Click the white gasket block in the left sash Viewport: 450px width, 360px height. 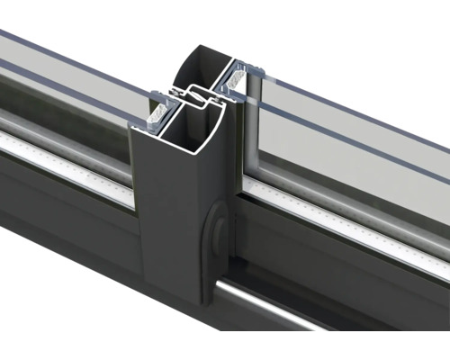point(160,113)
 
